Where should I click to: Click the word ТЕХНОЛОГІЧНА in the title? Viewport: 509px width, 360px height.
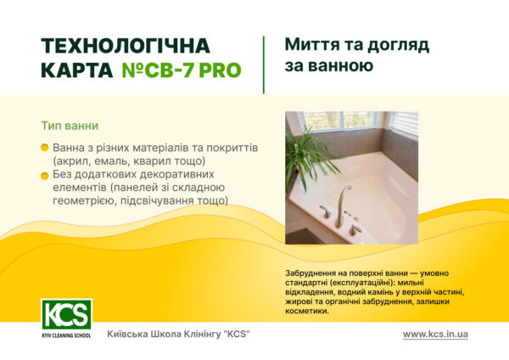(x=125, y=46)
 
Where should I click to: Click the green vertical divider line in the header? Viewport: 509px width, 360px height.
(x=263, y=64)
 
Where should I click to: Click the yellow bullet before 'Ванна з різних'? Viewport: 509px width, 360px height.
(x=44, y=148)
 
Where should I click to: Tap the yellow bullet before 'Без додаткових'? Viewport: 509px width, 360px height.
(x=44, y=175)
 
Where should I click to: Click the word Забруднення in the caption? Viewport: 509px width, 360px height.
(x=316, y=273)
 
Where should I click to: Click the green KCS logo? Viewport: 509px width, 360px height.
(x=66, y=314)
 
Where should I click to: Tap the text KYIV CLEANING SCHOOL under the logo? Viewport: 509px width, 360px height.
(x=66, y=336)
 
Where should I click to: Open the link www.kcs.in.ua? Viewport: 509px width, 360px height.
(x=435, y=334)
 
